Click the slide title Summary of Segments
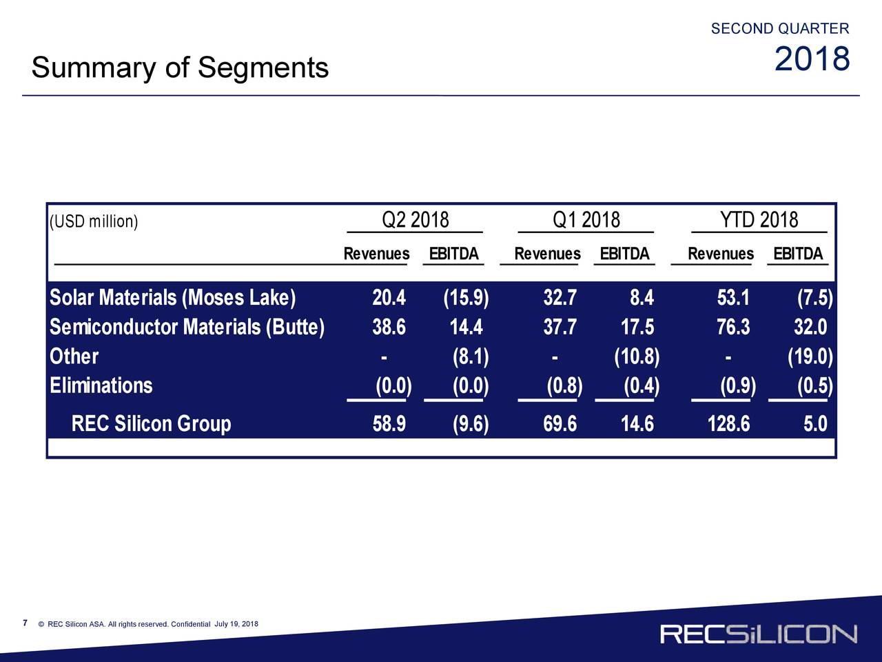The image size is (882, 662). pos(180,68)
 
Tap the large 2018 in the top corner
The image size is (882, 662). pos(812,59)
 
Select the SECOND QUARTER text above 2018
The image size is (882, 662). pos(780,28)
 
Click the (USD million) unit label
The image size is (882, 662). pos(94,221)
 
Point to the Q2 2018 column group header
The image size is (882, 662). pos(415,220)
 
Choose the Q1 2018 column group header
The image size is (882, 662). pos(586,220)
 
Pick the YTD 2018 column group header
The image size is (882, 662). pos(759,220)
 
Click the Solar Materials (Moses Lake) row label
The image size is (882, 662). pos(173,298)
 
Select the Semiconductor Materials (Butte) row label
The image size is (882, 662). pos(187,327)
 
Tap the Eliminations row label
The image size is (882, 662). pos(101,385)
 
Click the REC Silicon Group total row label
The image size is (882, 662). pos(151,423)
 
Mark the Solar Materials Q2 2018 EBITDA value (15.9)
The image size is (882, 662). pos(466,298)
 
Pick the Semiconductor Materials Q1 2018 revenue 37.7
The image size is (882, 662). pos(560,327)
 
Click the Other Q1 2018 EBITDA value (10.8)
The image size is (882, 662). pos(637,357)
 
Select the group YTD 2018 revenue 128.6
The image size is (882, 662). pos(728,424)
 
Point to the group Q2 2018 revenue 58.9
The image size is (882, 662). pos(389,424)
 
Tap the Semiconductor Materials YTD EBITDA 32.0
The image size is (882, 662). pos(810,327)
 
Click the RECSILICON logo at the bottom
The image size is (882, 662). pos(759,634)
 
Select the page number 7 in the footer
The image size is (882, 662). pos(25,623)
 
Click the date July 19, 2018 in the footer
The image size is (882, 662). pos(236,624)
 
